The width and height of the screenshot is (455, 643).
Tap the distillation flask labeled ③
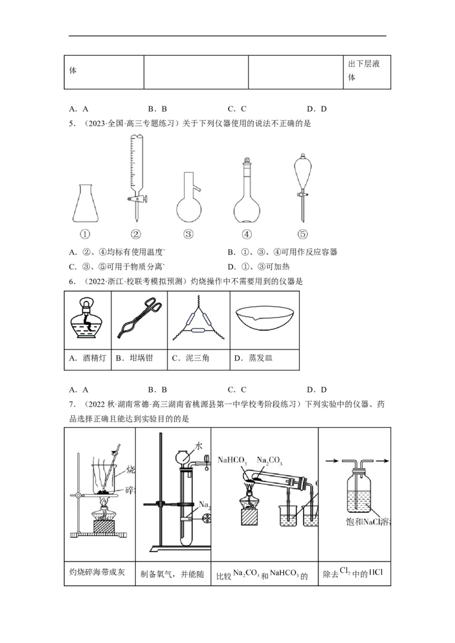click(189, 202)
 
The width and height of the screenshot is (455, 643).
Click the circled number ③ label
click(189, 234)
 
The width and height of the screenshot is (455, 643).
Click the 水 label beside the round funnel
click(198, 445)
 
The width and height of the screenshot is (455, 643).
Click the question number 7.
click(72, 404)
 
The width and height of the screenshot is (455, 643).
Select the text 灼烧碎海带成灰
click(100, 571)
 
